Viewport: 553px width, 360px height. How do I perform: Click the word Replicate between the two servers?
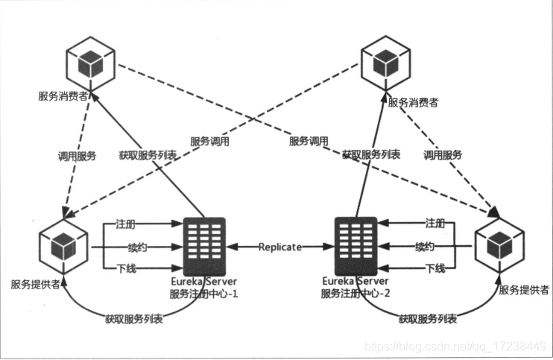coord(280,246)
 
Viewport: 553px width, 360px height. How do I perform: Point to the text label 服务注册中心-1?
coord(203,293)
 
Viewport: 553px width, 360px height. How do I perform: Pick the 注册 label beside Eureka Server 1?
coord(125,224)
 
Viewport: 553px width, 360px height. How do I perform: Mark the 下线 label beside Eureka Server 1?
coord(125,268)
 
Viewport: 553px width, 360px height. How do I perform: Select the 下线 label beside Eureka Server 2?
coord(435,268)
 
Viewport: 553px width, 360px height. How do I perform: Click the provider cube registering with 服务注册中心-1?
coord(64,245)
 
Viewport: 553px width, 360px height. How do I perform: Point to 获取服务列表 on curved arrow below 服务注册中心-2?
coord(428,319)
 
